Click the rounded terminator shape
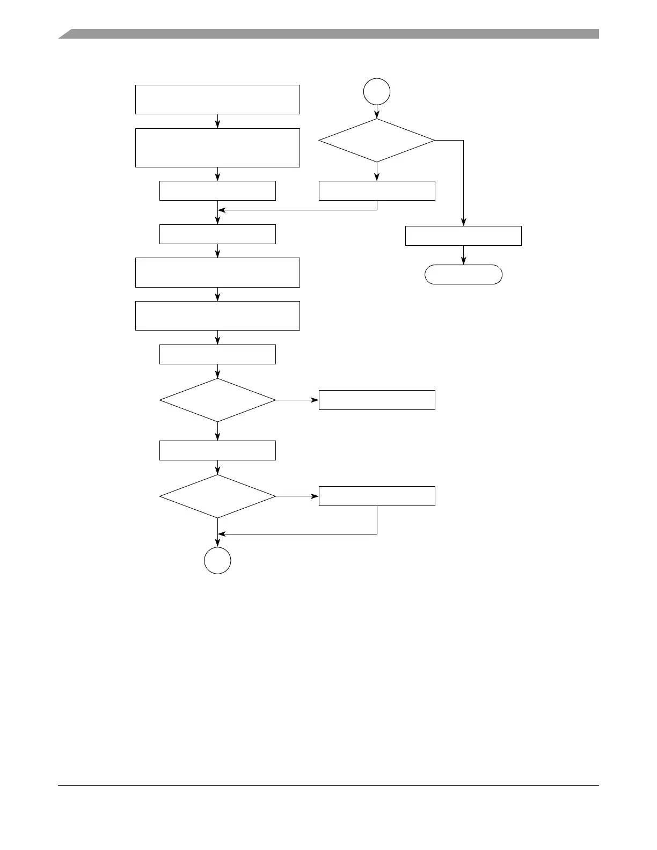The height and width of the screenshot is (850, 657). [463, 274]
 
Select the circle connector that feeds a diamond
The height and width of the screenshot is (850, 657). [377, 92]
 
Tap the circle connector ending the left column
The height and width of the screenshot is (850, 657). [217, 561]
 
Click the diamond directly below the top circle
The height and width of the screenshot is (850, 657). [377, 140]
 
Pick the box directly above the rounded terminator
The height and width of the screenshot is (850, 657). [463, 236]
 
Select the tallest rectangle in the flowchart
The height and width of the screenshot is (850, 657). [217, 148]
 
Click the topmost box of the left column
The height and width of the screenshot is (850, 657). [217, 99]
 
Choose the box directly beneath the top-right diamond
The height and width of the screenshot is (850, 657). [377, 190]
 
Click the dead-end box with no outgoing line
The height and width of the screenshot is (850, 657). [377, 400]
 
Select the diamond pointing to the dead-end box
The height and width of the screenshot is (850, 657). [217, 400]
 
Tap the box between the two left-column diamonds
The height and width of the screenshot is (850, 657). [217, 450]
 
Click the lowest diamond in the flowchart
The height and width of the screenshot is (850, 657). [217, 496]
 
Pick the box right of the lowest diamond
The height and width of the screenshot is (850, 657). [377, 496]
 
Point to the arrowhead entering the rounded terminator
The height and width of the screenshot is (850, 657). [463, 262]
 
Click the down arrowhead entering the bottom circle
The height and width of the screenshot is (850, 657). [217, 545]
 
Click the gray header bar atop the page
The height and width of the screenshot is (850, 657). [328, 34]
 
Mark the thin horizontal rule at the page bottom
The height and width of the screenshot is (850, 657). [328, 786]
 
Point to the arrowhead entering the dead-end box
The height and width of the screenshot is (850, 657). [315, 400]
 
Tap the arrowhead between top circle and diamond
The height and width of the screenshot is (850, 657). [377, 115]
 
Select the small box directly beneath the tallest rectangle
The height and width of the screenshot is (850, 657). [217, 190]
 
